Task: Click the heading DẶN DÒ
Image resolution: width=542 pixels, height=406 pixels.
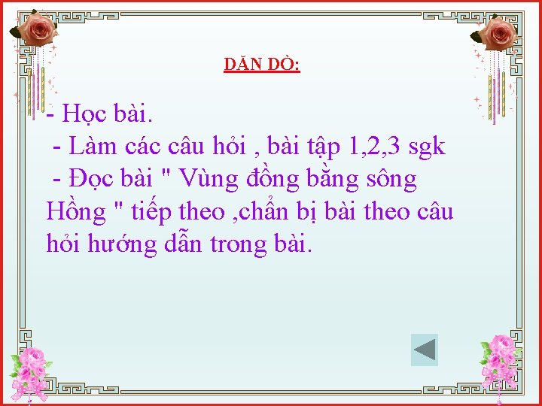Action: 261,65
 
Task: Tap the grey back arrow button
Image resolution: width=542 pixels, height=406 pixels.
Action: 425,350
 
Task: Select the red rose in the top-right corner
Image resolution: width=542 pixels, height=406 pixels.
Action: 498,33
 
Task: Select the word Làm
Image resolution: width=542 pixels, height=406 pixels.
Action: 93,147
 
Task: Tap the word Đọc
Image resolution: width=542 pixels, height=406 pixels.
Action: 93,180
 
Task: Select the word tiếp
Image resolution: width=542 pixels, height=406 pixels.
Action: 157,213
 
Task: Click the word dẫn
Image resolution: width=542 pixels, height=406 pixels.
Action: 184,244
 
